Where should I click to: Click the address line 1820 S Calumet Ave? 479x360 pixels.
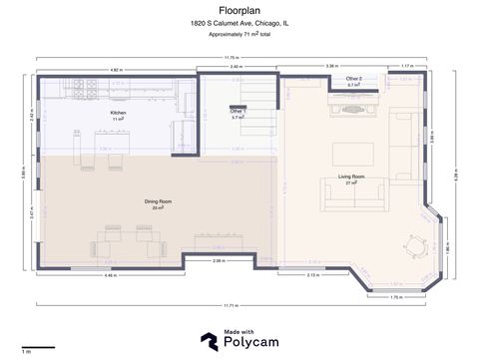tap(239, 22)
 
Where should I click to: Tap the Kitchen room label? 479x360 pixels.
tap(118, 115)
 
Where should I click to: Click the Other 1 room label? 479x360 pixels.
tap(238, 114)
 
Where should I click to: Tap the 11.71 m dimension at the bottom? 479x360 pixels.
tap(232, 305)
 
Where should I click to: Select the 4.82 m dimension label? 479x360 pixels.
tap(116, 70)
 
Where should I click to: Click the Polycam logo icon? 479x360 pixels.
tap(210, 341)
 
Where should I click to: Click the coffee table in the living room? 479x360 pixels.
tap(354, 154)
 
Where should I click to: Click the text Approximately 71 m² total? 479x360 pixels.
tap(239, 34)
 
